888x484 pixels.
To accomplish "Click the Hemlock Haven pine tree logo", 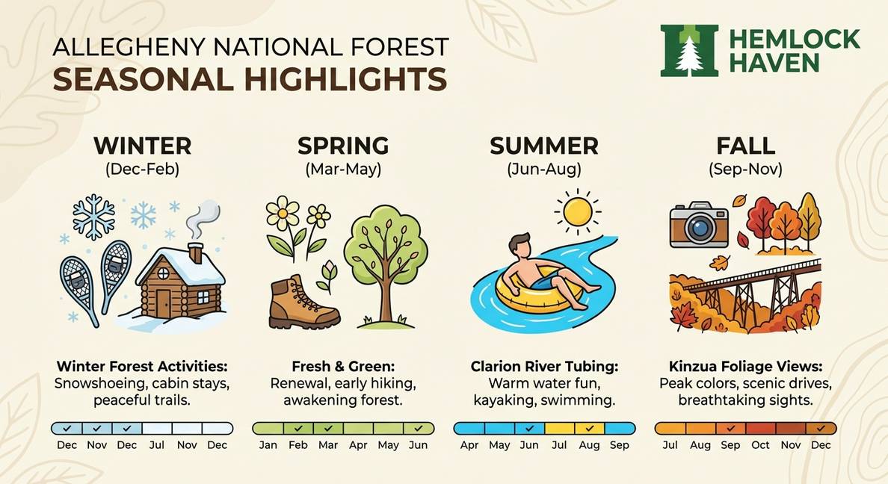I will tap(689, 50).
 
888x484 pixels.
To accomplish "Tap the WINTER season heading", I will tap(142, 145).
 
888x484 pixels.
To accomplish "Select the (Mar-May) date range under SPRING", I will tap(343, 170).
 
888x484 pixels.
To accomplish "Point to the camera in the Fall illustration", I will tap(698, 224).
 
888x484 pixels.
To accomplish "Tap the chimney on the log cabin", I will tap(195, 252).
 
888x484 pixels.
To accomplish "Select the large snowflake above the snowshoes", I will tap(93, 217).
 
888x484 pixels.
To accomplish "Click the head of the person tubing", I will tap(522, 245).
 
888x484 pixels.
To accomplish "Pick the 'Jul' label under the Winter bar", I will tap(156, 445).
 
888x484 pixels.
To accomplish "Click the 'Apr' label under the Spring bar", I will tap(358, 445).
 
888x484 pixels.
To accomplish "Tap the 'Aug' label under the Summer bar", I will tap(589, 445).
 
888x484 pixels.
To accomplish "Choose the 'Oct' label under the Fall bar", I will tap(760, 445).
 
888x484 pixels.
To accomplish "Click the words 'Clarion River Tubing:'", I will tap(544, 367).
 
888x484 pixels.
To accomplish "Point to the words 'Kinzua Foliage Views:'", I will tap(745, 367).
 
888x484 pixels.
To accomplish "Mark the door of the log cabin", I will tap(163, 302).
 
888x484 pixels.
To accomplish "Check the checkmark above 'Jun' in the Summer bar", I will tap(529, 428).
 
